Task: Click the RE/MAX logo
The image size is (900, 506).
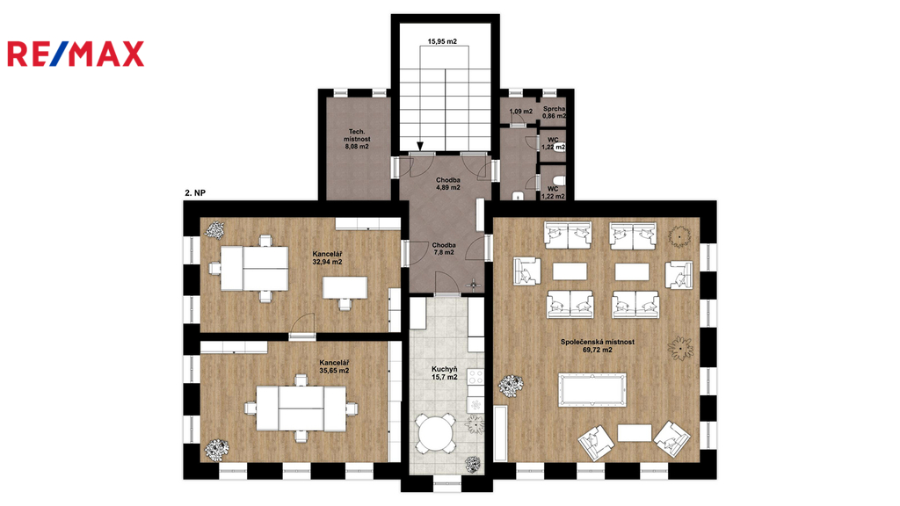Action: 76,54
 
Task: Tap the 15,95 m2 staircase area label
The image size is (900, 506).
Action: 442,41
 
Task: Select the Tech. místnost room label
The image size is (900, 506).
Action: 357,139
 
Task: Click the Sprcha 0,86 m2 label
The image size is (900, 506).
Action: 554,112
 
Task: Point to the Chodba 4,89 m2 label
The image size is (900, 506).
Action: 447,184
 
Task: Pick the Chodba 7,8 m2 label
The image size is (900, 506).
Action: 444,249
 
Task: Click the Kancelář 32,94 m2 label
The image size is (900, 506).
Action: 327,257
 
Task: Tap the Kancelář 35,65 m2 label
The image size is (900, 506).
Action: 334,366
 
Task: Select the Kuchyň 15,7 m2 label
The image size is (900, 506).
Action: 444,372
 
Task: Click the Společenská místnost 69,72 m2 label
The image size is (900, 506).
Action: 598,345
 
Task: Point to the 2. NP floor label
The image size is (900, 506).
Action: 195,193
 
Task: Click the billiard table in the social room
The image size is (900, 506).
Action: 593,390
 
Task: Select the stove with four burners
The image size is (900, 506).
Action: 475,377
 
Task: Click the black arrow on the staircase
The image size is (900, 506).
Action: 421,146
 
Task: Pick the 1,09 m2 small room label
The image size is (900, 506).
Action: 520,112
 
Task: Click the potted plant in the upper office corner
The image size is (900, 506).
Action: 214,230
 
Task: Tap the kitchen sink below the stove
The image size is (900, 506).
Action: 475,405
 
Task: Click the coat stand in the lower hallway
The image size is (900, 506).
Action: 474,284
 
